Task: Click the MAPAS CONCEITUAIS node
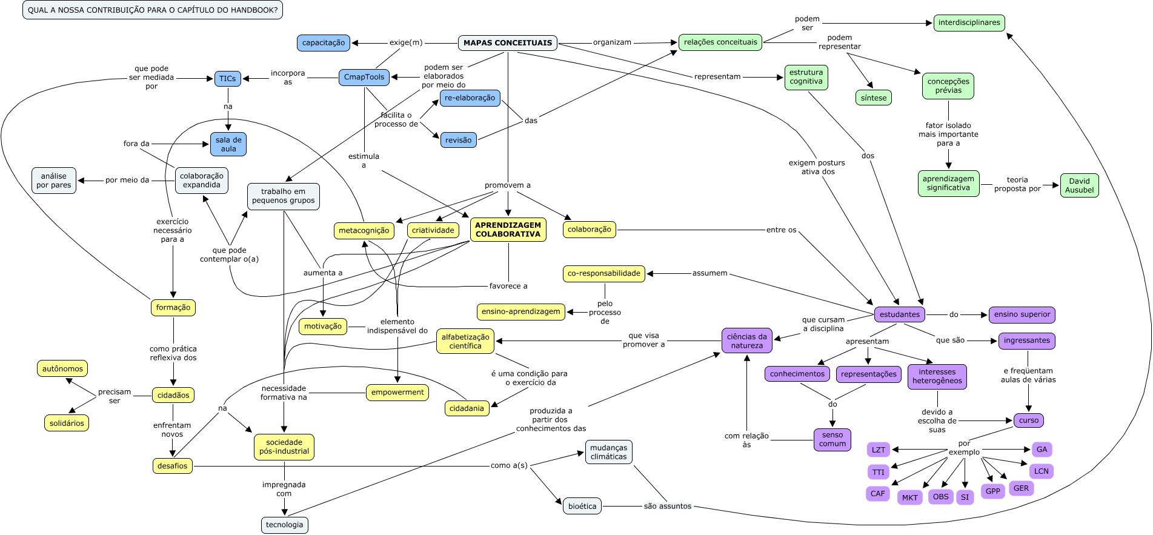click(508, 43)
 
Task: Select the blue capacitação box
click(324, 43)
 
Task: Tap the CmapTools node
click(364, 77)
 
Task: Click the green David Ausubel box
click(1079, 185)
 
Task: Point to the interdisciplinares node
click(969, 23)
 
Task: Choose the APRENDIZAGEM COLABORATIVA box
click(508, 230)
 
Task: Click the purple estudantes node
click(899, 314)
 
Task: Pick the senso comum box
click(832, 439)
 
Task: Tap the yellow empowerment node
click(397, 393)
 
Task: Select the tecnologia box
click(284, 525)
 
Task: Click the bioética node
click(582, 507)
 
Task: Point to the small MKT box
click(909, 498)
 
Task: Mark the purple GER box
click(1021, 488)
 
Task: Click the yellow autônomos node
click(62, 368)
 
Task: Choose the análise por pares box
click(54, 181)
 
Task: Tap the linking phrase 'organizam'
click(612, 42)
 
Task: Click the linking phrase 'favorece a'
click(508, 286)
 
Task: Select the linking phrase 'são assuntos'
click(667, 506)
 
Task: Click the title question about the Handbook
click(153, 10)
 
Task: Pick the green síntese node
click(873, 98)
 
